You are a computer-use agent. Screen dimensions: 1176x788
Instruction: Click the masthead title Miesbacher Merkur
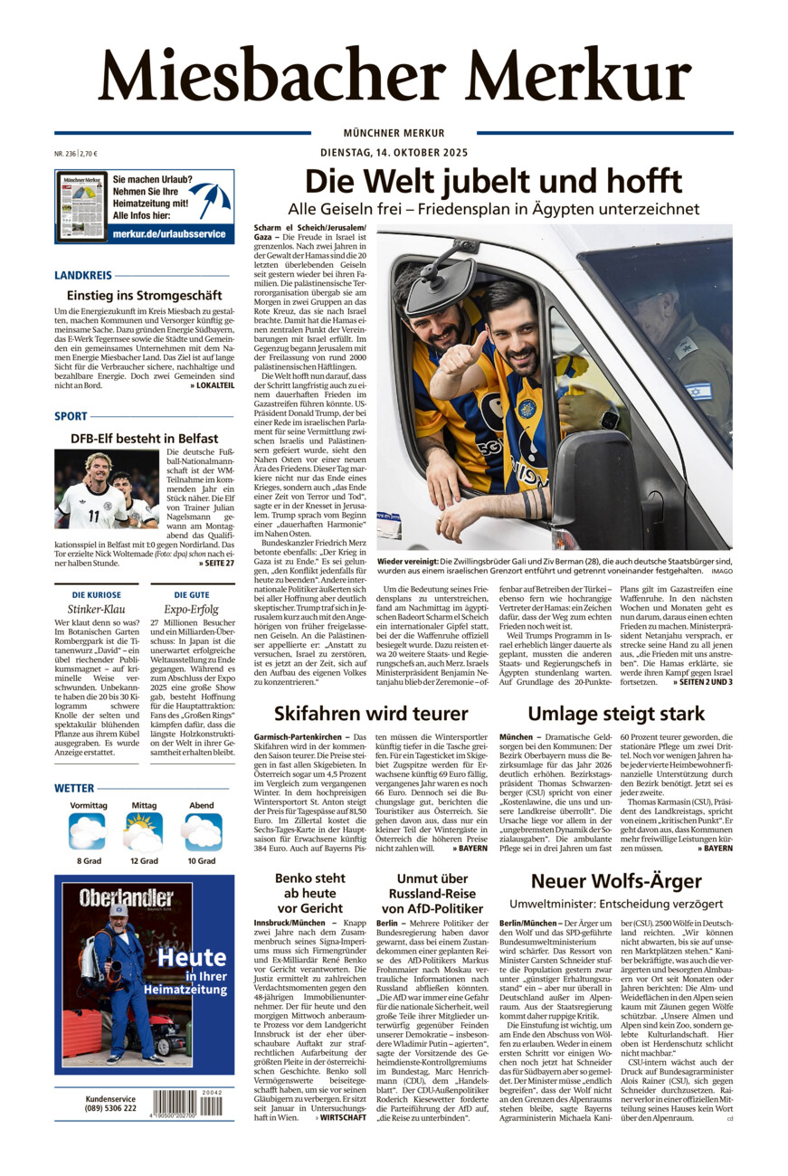tap(394, 74)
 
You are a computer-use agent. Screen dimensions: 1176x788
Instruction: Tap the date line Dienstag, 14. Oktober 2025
tap(394, 152)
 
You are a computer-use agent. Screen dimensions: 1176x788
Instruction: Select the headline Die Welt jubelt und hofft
tap(493, 181)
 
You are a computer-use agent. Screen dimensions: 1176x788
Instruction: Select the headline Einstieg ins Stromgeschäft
tap(144, 295)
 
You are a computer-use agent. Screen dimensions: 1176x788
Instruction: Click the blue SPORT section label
tap(71, 416)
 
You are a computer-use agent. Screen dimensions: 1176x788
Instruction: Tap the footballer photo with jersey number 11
tap(107, 488)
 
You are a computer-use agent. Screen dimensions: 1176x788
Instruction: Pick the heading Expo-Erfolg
tap(192, 610)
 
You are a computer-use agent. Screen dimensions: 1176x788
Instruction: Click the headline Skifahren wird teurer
tap(371, 713)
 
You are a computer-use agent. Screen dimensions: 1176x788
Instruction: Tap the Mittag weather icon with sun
tap(144, 831)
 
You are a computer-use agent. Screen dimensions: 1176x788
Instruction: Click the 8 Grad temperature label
tap(87, 861)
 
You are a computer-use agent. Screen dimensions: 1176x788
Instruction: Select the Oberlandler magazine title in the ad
tap(126, 899)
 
